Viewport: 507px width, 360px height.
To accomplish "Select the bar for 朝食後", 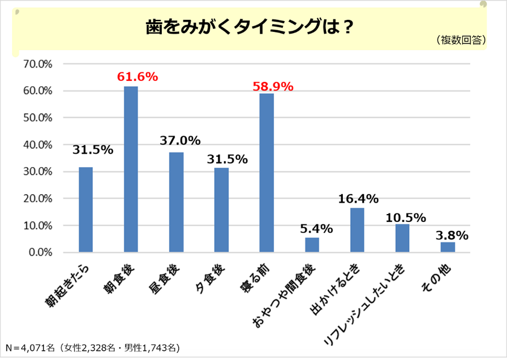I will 131,169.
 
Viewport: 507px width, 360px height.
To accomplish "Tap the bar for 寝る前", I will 266,172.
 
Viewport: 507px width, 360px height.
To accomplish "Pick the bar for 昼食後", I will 176,202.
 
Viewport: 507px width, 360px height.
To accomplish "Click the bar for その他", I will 447,247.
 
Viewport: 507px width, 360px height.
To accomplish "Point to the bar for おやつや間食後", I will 311,245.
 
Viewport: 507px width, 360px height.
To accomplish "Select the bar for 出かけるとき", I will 357,230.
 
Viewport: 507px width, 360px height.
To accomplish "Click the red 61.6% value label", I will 137,77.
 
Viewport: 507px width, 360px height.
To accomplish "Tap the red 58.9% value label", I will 273,86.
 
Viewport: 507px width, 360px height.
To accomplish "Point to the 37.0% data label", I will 180,140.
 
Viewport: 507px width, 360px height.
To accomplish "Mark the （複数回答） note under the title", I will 460,40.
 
